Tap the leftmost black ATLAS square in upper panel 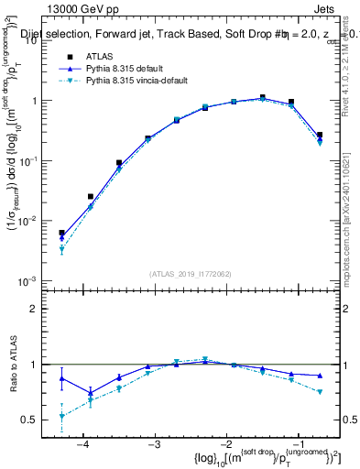(x=61, y=233)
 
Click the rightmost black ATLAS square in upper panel (x=320, y=135)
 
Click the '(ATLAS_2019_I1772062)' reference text (x=191, y=272)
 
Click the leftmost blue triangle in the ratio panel (x=61, y=378)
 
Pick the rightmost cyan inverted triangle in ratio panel (x=320, y=392)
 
